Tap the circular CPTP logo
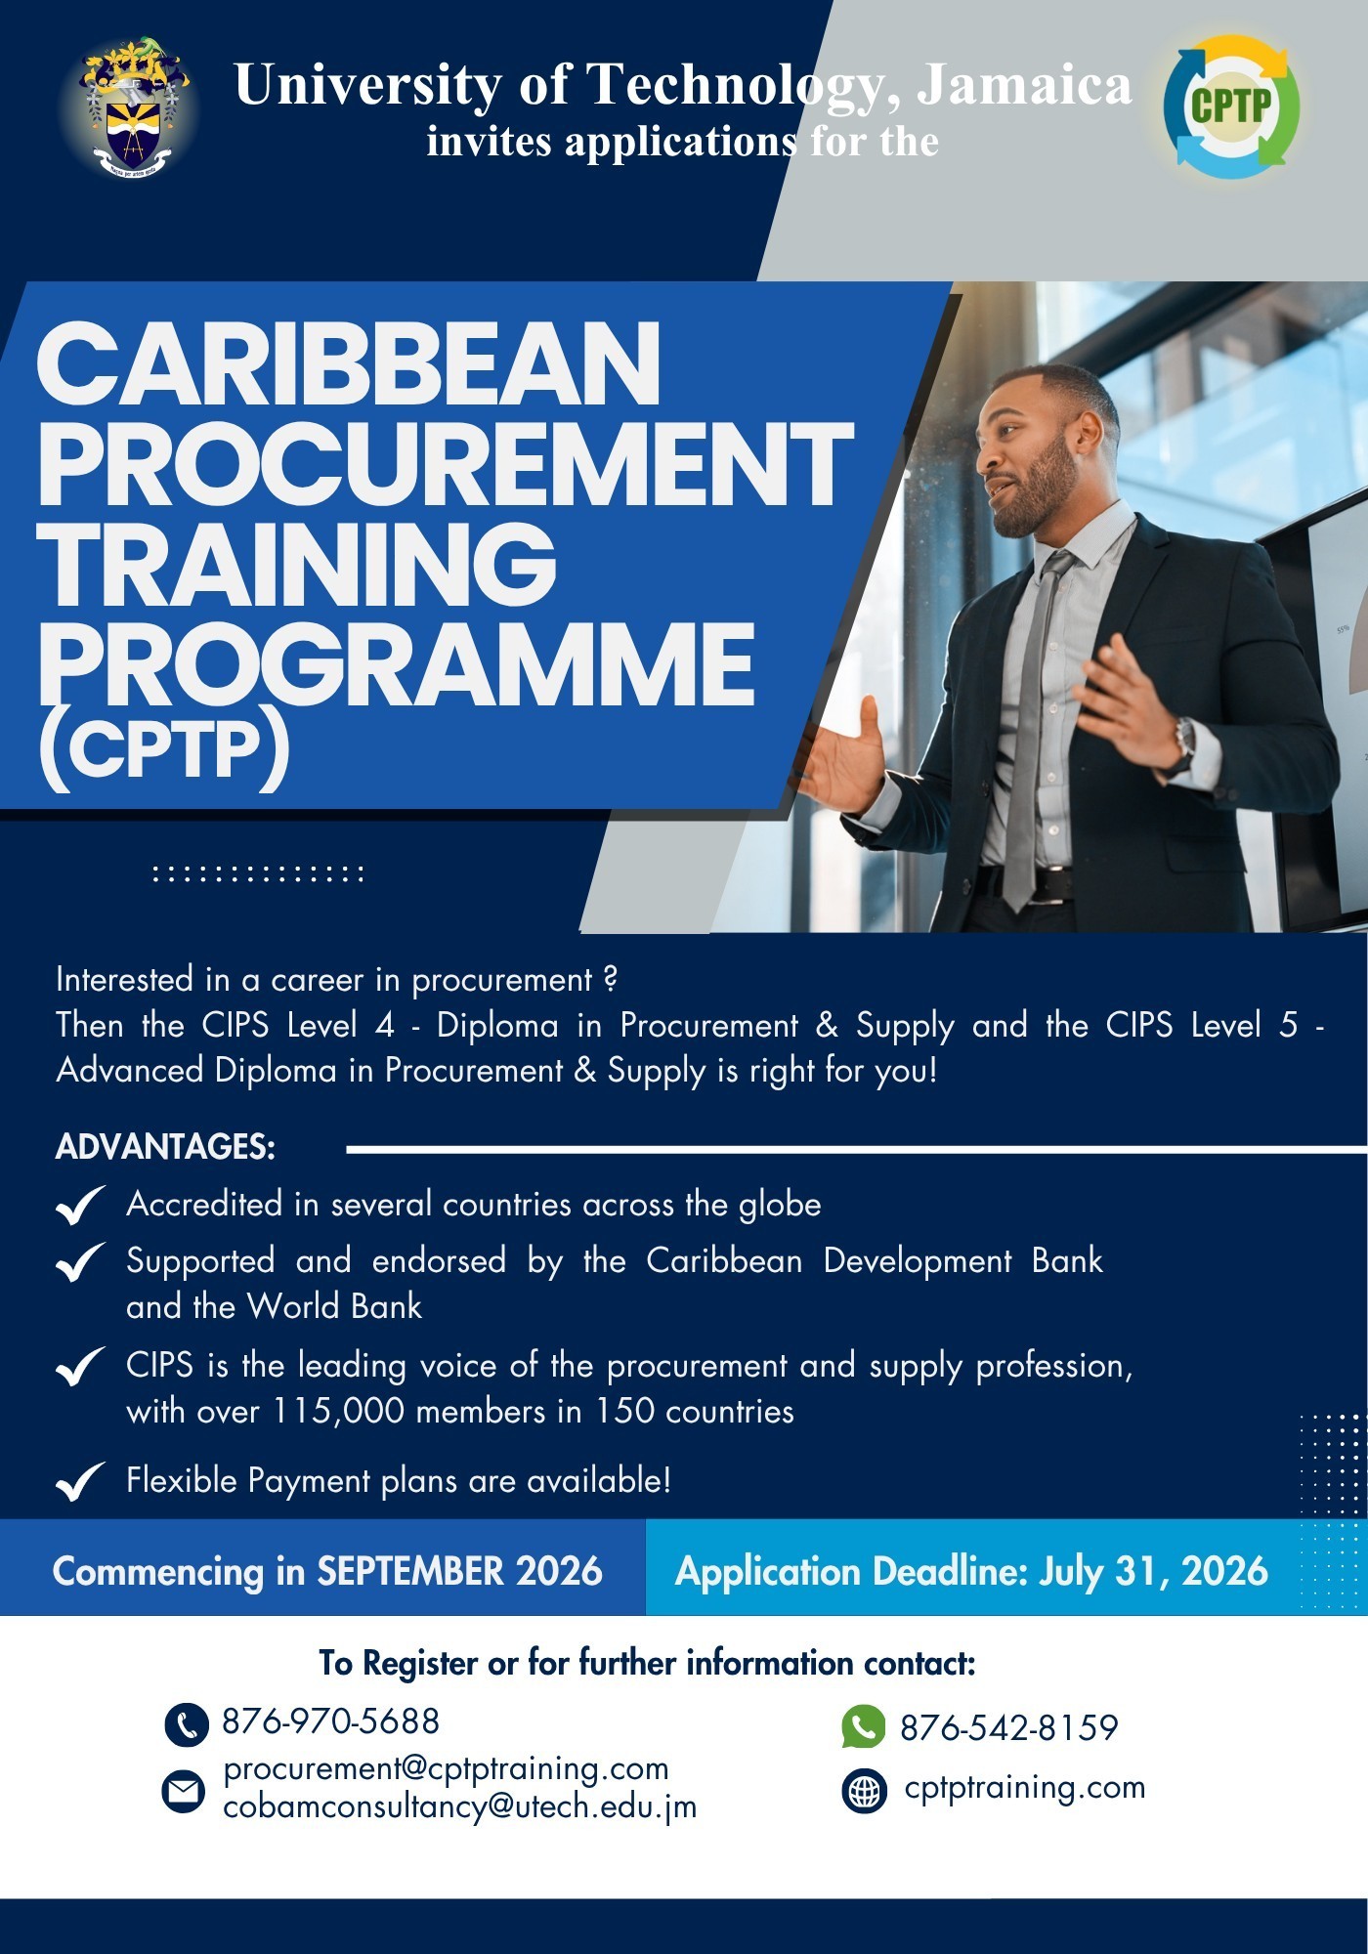[x=1231, y=106]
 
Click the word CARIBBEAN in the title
[x=349, y=363]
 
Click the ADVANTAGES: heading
[x=165, y=1147]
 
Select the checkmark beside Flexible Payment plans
[x=80, y=1481]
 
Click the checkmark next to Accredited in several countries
[x=80, y=1205]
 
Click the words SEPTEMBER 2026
[x=459, y=1571]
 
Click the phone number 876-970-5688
[x=331, y=1721]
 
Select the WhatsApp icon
[x=864, y=1726]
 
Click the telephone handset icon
[x=187, y=1724]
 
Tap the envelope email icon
[x=183, y=1791]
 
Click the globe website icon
[x=864, y=1791]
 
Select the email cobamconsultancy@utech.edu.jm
[x=460, y=1807]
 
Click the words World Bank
[x=334, y=1306]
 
